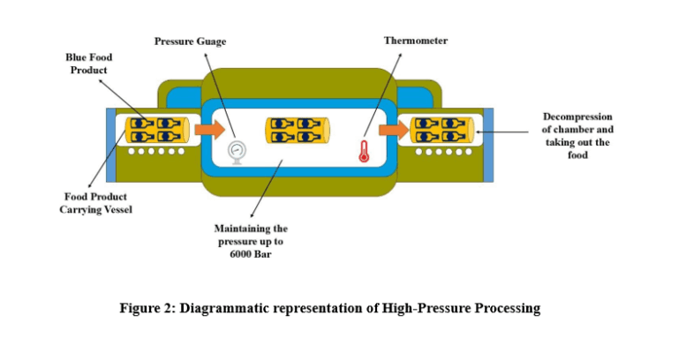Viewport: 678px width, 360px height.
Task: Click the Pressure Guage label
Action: [191, 41]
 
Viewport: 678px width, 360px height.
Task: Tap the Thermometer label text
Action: [416, 41]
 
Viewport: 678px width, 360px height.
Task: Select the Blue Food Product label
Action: [88, 64]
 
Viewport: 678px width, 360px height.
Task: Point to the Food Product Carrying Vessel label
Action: [95, 203]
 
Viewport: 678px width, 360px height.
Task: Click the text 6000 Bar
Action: [251, 254]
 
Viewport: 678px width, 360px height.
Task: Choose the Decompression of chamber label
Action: [577, 136]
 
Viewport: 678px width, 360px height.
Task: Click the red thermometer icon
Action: [364, 151]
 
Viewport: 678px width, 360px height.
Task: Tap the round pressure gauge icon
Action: [237, 152]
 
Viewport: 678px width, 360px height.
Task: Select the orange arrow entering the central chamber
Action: [210, 129]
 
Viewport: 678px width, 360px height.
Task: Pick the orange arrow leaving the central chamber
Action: [394, 130]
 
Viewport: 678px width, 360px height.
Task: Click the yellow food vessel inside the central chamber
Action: [297, 130]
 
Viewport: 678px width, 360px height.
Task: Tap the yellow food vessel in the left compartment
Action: [157, 130]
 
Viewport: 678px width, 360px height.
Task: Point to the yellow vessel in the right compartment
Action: [441, 130]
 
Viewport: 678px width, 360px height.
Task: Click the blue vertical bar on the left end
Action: [111, 145]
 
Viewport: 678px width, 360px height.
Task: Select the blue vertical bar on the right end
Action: [488, 145]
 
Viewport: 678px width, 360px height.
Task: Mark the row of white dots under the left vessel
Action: [156, 151]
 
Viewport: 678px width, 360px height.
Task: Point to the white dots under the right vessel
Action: [444, 152]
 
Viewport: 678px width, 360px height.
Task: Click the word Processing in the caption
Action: [508, 309]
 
